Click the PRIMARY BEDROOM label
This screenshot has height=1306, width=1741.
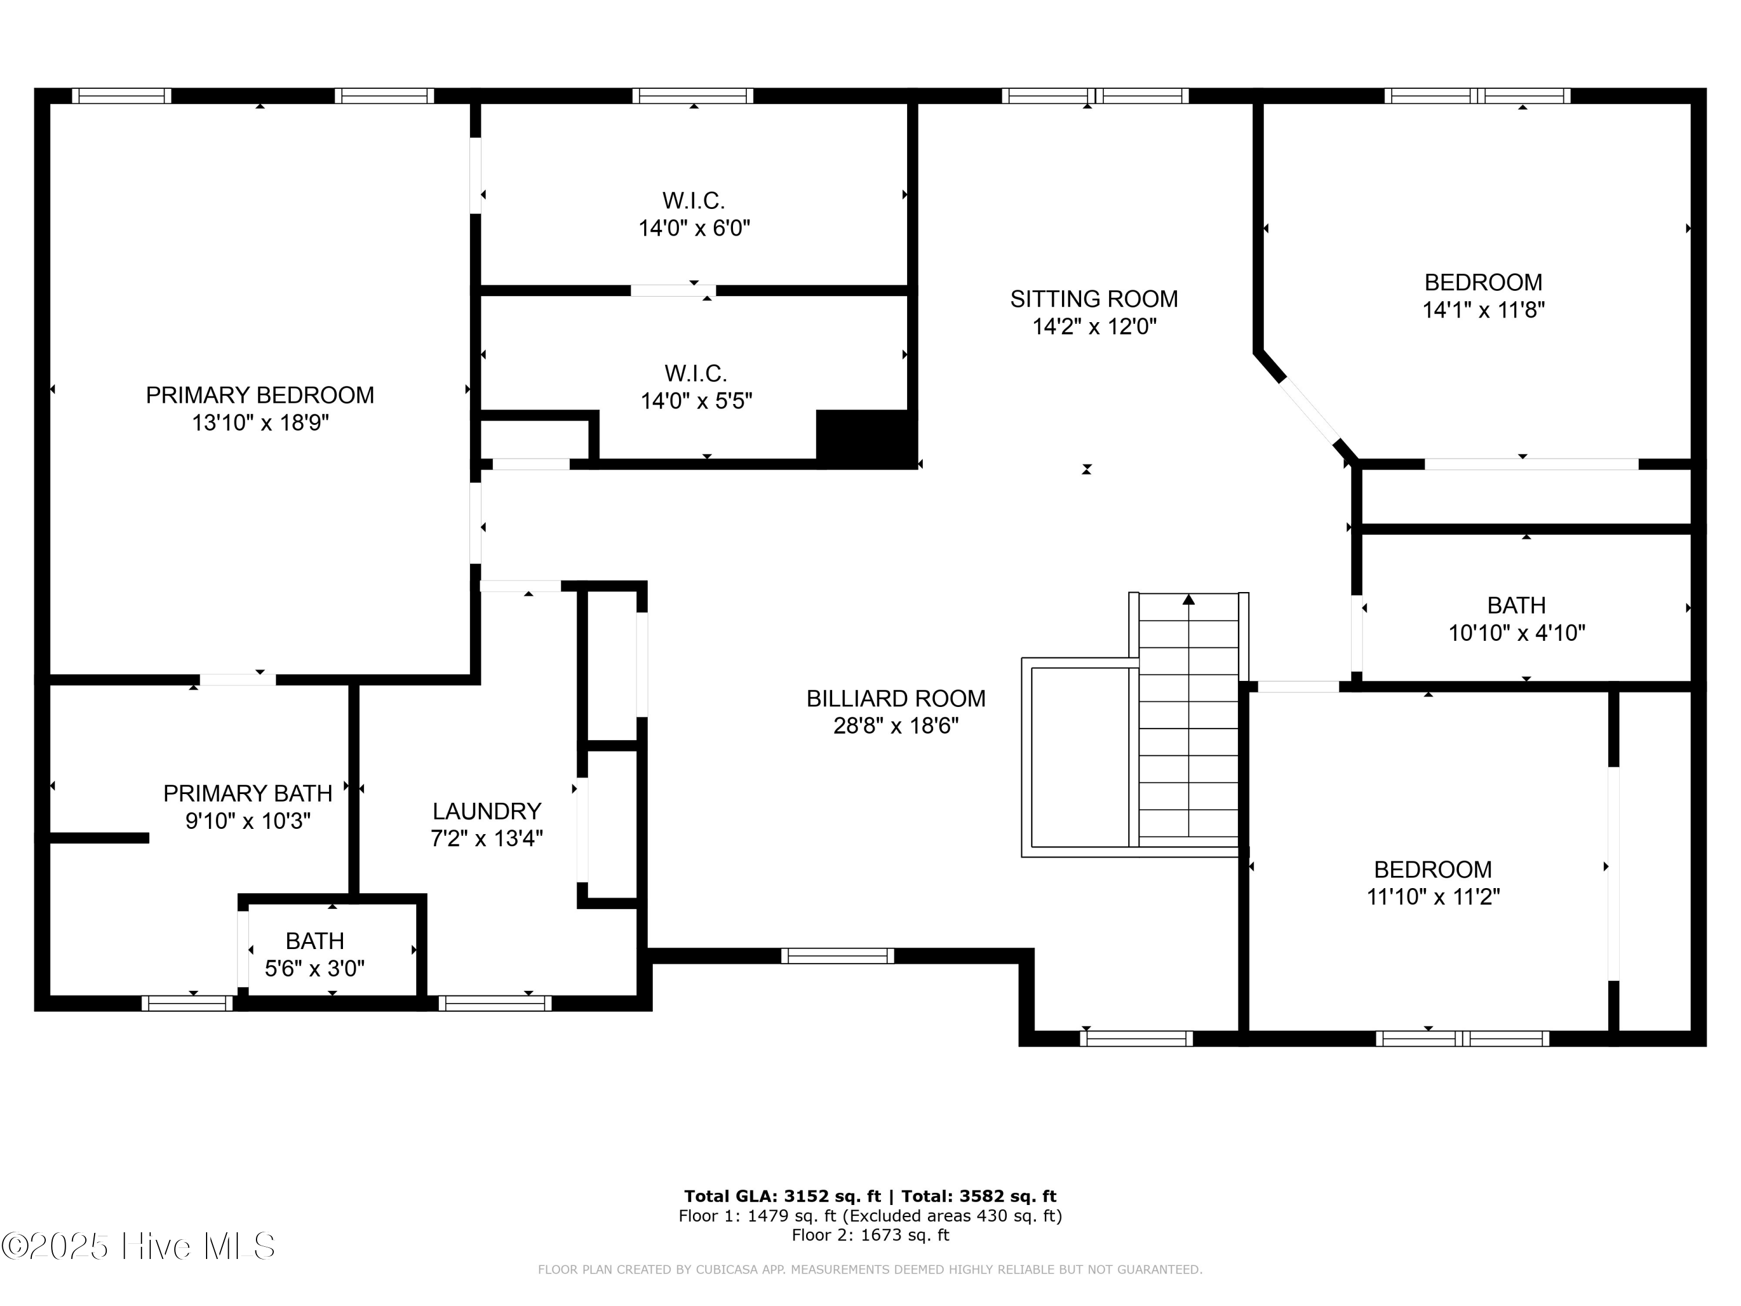(260, 395)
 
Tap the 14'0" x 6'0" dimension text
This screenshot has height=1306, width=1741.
(693, 228)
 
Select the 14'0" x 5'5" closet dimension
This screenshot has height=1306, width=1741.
(696, 401)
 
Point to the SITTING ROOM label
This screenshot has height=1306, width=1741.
(1093, 299)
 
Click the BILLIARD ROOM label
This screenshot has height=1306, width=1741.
(895, 698)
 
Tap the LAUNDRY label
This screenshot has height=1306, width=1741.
(486, 811)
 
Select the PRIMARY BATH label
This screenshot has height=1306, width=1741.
(247, 793)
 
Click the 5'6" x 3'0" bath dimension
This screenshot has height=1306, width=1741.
(314, 968)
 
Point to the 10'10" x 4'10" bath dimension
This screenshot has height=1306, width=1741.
(1516, 633)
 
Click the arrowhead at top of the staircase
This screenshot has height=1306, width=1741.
(1189, 600)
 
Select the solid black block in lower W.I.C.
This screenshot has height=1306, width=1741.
(866, 438)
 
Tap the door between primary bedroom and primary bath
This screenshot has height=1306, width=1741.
(237, 679)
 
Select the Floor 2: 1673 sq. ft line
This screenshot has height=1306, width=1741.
(870, 1235)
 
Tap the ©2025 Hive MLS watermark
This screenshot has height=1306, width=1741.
(138, 1246)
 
